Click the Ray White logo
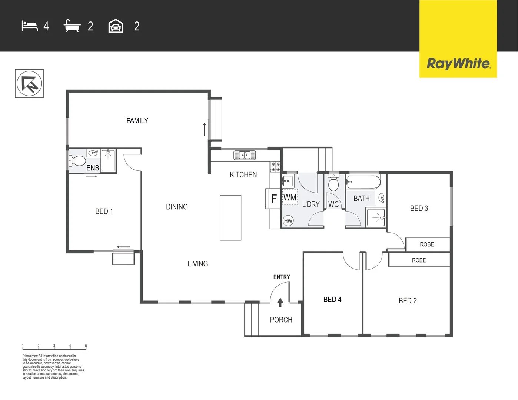(458, 63)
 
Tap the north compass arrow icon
(29, 84)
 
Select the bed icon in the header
(30, 26)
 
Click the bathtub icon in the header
(72, 26)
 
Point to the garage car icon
(116, 26)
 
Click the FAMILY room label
(137, 121)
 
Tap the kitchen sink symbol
(245, 155)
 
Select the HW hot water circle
(288, 221)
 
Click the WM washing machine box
(290, 197)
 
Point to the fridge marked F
(274, 199)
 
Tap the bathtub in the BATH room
(363, 182)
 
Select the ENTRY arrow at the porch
(280, 302)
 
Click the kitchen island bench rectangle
(230, 218)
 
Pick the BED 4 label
(332, 300)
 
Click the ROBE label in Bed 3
(427, 244)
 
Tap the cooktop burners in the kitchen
(275, 167)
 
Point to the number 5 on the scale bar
(86, 346)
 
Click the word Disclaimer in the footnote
(30, 356)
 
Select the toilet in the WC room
(333, 183)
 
